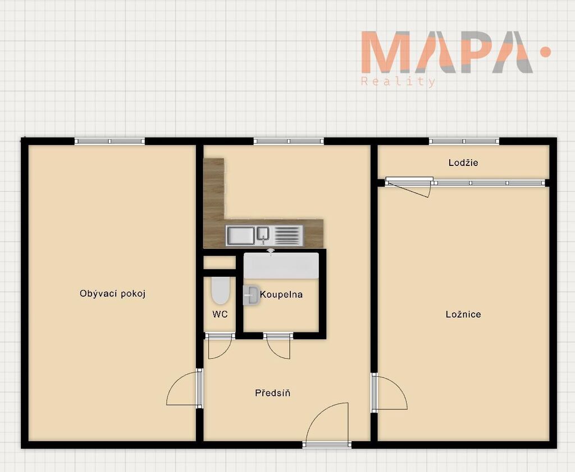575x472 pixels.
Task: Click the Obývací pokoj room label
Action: click(112, 294)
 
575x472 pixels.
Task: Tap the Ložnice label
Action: click(463, 314)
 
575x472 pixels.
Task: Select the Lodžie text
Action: click(463, 163)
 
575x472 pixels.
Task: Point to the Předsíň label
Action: click(272, 393)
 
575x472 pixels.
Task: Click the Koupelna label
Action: click(281, 294)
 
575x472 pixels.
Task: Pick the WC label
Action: click(220, 314)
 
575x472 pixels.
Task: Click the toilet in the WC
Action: click(220, 291)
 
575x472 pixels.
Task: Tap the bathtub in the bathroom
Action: click(281, 266)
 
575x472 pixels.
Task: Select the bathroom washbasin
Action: click(251, 295)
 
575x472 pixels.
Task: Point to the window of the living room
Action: click(109, 141)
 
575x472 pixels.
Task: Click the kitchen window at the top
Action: click(289, 141)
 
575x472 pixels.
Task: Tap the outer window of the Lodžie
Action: click(464, 141)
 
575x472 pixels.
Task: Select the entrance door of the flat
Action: click(326, 425)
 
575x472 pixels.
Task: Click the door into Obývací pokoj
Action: click(184, 388)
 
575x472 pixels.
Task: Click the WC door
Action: click(220, 346)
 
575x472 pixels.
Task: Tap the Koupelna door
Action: click(279, 346)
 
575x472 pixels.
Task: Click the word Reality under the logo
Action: click(398, 81)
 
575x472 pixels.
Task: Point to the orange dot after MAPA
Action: click(546, 52)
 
